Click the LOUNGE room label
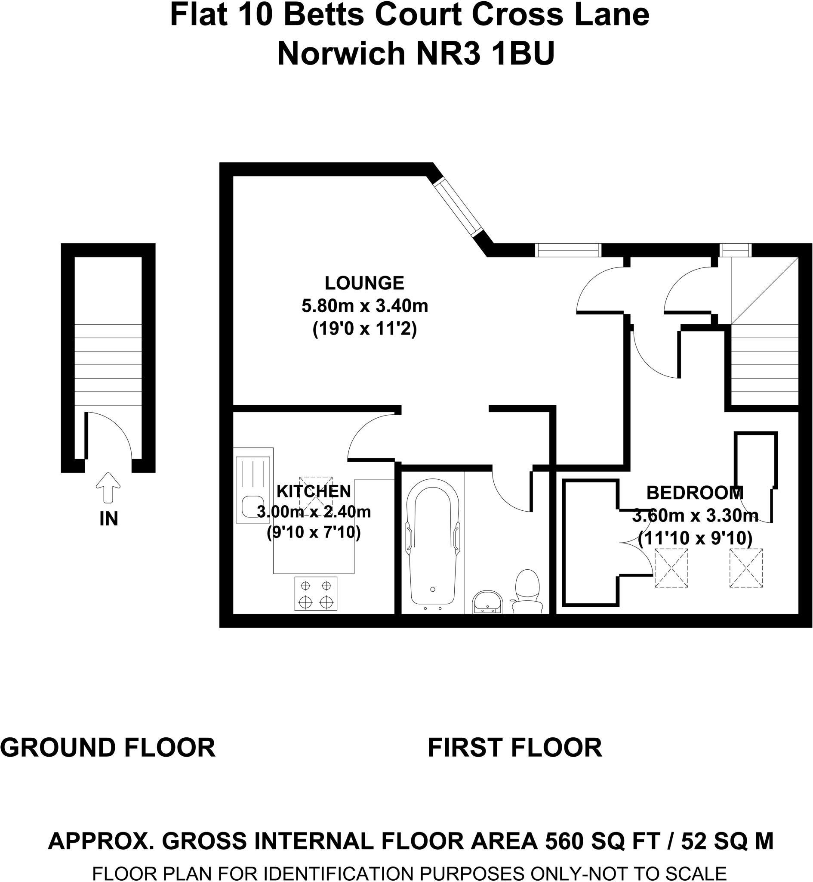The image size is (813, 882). tap(364, 283)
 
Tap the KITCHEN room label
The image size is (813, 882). tap(314, 491)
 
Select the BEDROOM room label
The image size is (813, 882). tap(695, 493)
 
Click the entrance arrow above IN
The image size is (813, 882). tap(108, 488)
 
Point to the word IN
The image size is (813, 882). tap(109, 519)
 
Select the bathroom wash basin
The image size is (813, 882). tap(487, 602)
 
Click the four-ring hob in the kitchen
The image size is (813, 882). tap(315, 593)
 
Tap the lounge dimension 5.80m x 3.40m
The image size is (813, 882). tap(364, 306)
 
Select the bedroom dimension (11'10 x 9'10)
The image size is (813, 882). tap(695, 538)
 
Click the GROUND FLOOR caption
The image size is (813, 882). tap(108, 748)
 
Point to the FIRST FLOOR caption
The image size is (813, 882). tap(515, 748)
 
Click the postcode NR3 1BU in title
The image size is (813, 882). tap(485, 54)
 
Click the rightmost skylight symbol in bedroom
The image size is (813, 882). tap(746, 568)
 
